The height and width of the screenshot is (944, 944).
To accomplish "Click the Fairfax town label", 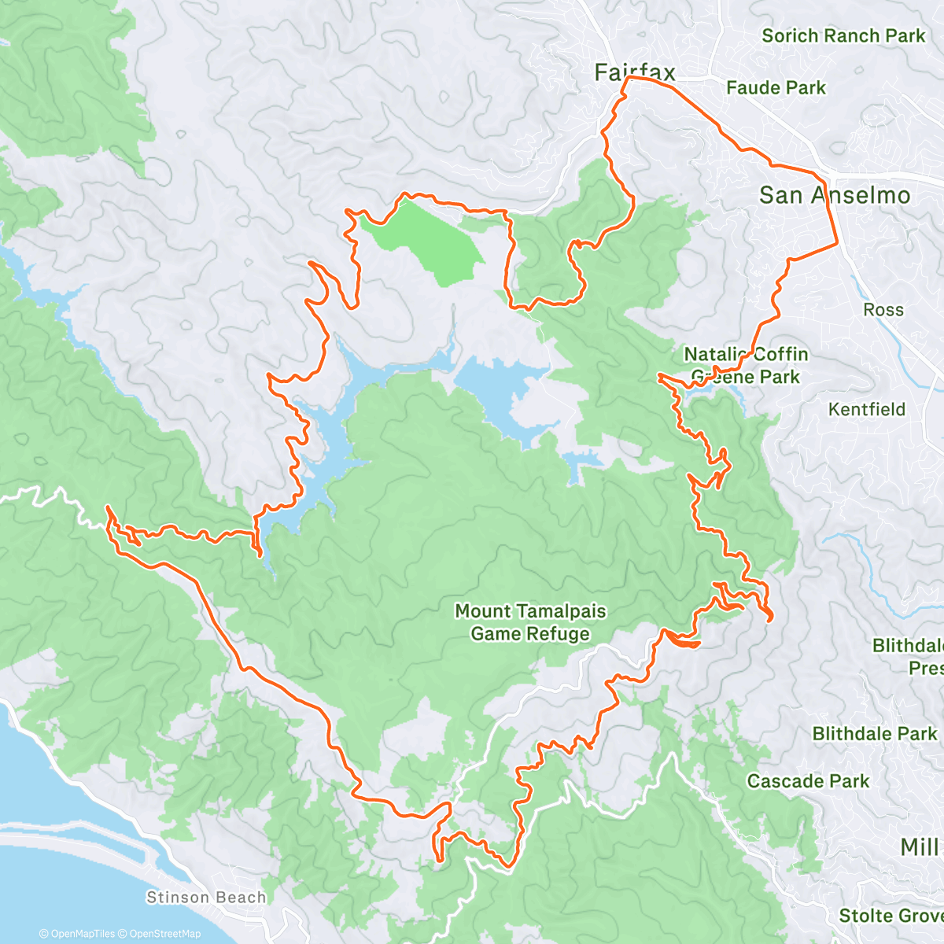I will click(635, 72).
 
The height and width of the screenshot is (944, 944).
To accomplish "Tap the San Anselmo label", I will click(835, 195).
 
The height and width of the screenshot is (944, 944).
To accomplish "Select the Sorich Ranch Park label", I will click(843, 35).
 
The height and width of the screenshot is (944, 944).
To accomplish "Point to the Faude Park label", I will click(776, 87).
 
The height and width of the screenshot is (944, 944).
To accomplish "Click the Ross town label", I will click(883, 310).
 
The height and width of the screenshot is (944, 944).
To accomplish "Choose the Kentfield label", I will click(867, 409).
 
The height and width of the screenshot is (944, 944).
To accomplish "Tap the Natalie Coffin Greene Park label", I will click(745, 366).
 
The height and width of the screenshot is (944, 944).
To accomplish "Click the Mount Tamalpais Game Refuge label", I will click(530, 622).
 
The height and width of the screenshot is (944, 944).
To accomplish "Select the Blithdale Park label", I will click(875, 734).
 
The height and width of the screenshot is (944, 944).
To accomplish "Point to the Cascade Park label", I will click(808, 781).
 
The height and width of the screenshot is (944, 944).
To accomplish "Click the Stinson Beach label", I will click(206, 898).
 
